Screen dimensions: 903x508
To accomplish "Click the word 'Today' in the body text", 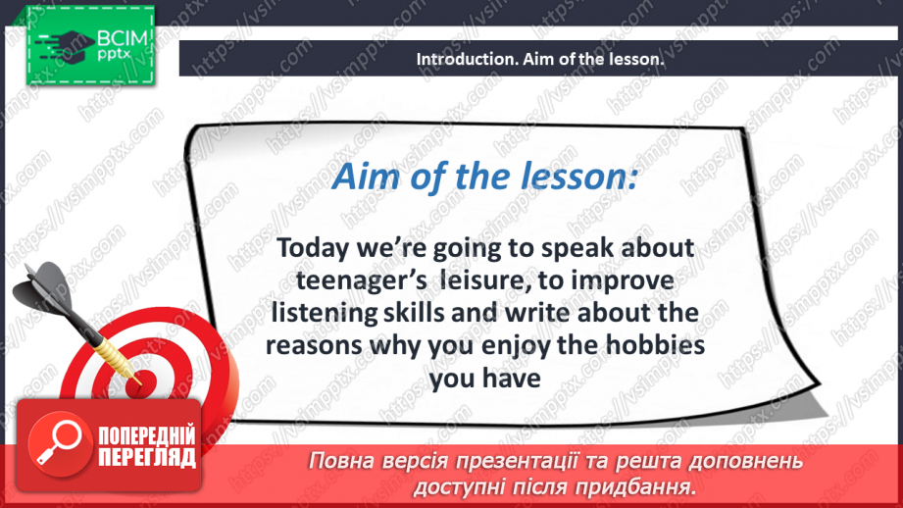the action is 313,249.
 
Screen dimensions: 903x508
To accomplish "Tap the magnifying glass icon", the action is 59,442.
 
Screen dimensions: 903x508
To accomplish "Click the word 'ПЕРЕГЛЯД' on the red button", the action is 147,458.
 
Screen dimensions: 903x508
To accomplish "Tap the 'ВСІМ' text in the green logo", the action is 123,38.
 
